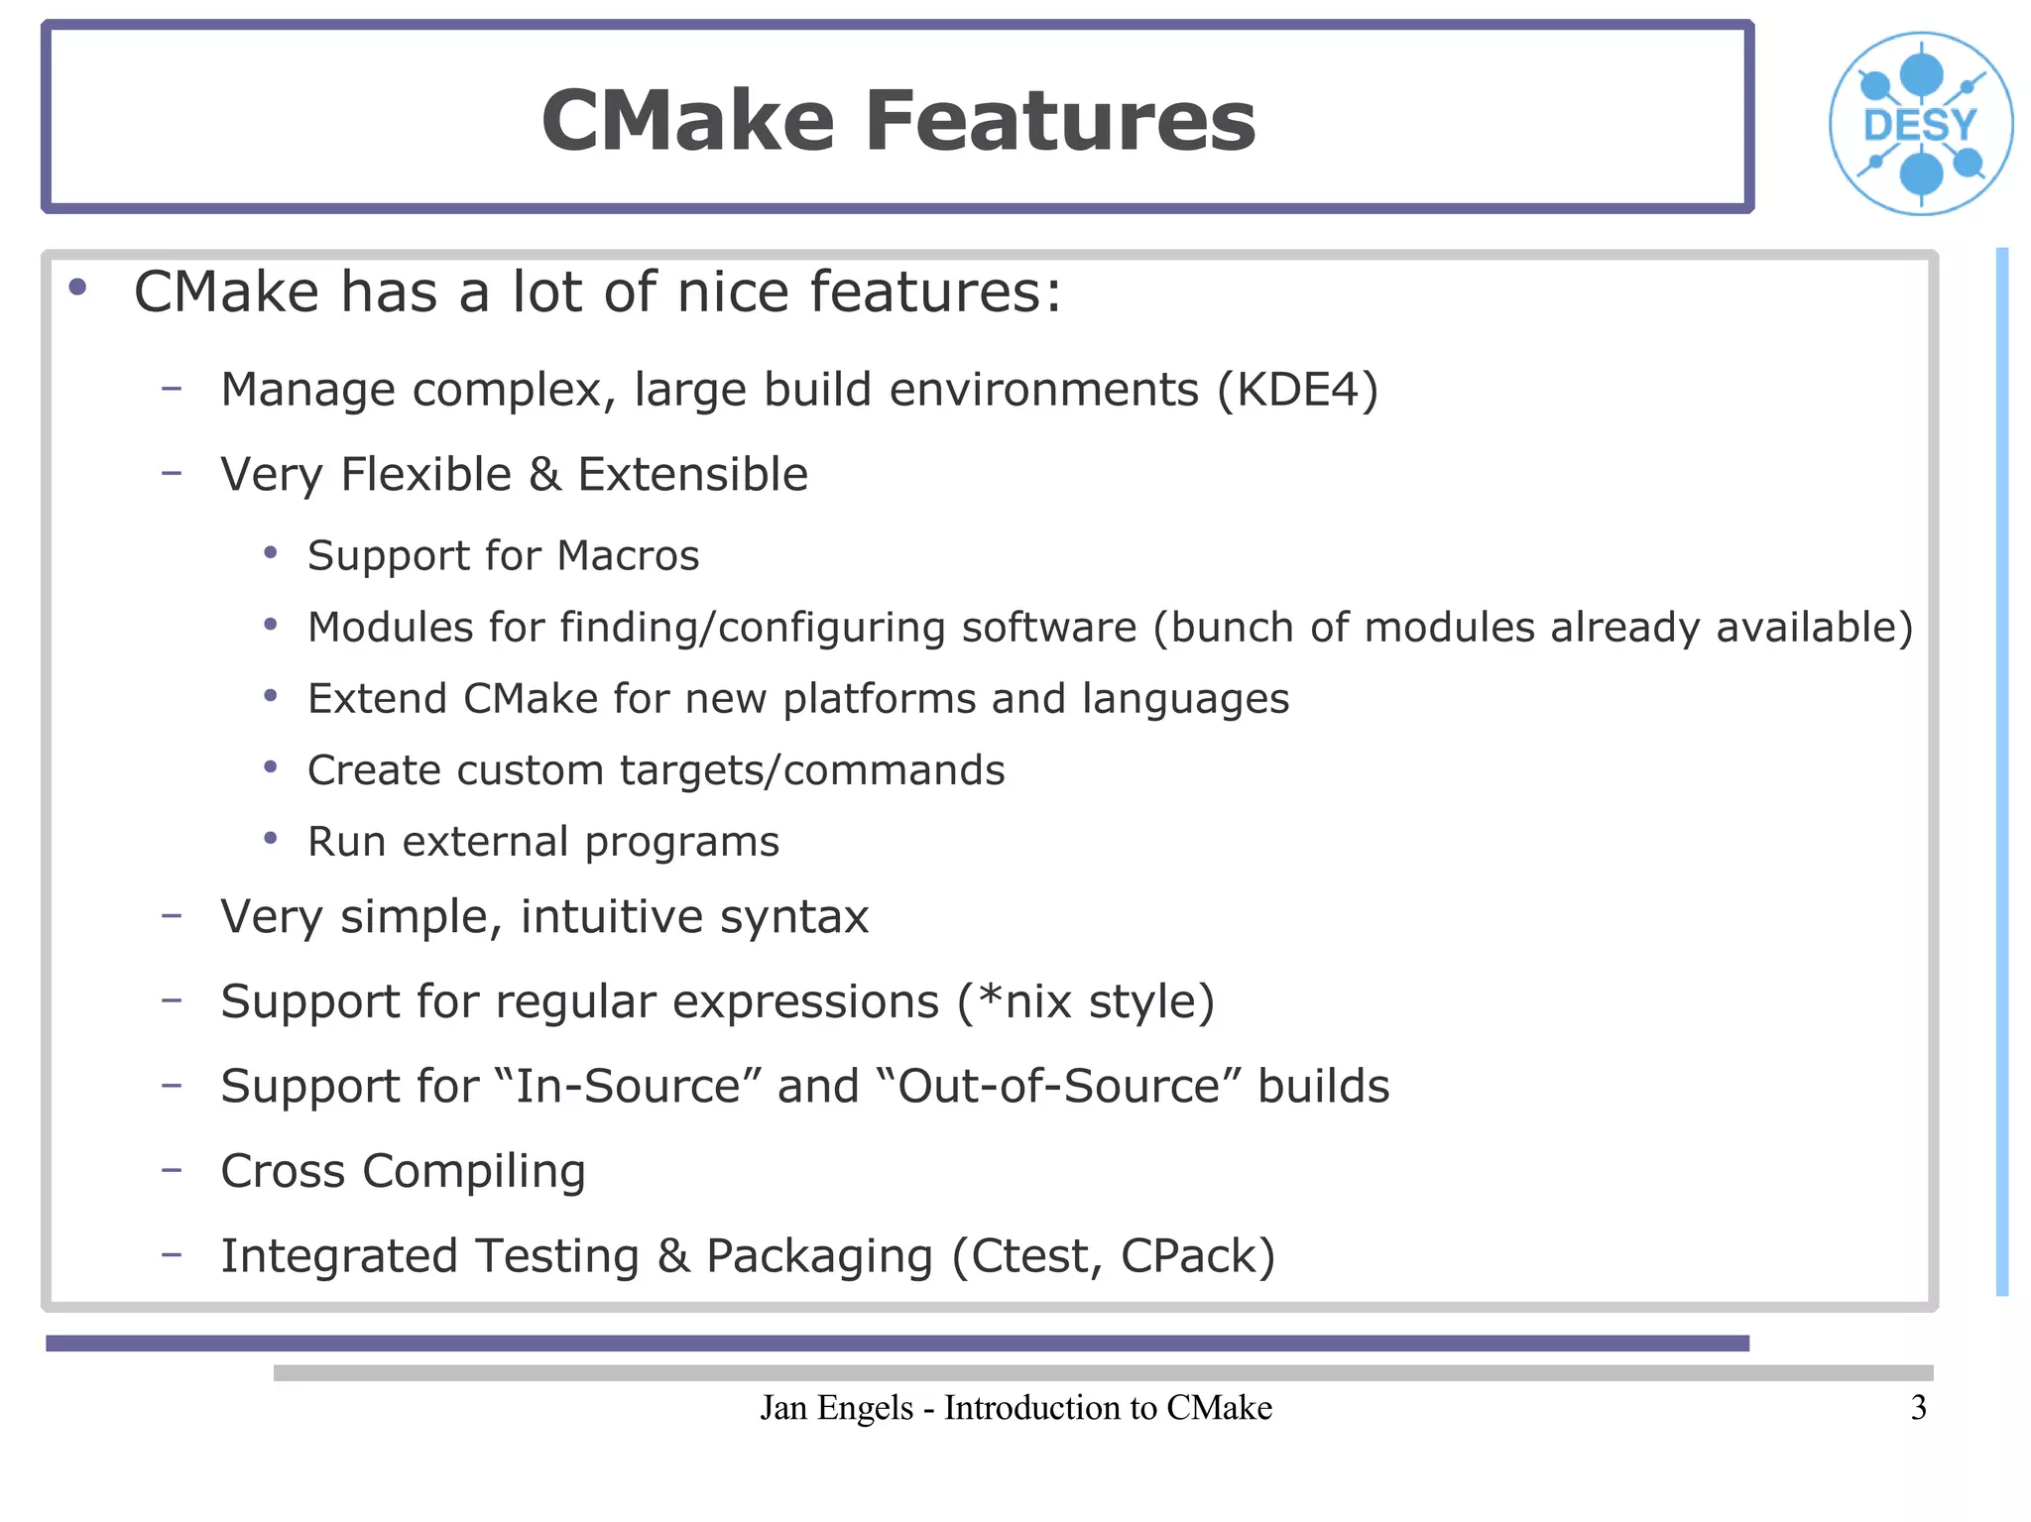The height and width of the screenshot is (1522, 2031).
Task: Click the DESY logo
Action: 1920,124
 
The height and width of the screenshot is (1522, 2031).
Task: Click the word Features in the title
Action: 1060,121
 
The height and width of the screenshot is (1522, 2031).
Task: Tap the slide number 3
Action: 1918,1408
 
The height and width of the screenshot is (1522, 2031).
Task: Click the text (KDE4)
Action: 1297,390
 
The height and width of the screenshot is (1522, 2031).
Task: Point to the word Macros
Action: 628,555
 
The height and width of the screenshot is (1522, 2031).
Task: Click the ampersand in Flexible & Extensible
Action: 544,475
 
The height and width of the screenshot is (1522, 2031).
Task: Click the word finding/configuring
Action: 753,628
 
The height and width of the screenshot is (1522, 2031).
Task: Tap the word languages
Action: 1185,699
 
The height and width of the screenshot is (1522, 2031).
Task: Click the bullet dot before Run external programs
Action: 271,839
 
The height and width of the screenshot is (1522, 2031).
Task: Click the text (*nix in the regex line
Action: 1014,1001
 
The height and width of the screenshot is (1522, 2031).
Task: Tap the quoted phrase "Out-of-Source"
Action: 1060,1086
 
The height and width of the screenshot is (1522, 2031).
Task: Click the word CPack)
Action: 1197,1256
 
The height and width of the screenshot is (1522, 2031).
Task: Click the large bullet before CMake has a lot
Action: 77,289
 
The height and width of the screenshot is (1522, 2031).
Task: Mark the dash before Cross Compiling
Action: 172,1170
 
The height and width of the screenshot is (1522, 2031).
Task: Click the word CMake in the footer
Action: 1219,1408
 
